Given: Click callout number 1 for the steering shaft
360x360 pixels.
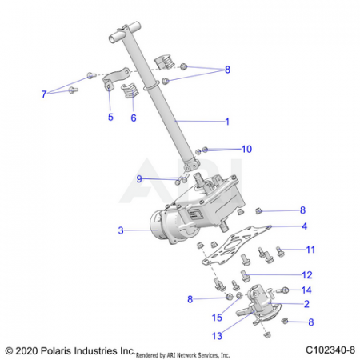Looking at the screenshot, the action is pyautogui.click(x=227, y=122).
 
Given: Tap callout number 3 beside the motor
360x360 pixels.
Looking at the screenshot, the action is pyautogui.click(x=121, y=230).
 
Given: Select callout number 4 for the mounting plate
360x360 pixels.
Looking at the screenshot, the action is pyautogui.click(x=305, y=226).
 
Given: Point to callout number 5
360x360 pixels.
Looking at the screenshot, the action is pyautogui.click(x=110, y=117).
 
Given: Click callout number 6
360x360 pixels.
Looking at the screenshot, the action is pyautogui.click(x=134, y=118).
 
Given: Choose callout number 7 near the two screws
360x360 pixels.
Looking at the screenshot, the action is pyautogui.click(x=44, y=94).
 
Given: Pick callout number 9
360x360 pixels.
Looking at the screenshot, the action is pyautogui.click(x=139, y=178).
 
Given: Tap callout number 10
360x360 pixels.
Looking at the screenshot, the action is pyautogui.click(x=246, y=149).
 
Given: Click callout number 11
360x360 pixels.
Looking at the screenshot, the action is pyautogui.click(x=310, y=250).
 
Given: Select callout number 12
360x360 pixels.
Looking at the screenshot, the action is pyautogui.click(x=307, y=275).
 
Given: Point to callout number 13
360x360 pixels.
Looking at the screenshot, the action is pyautogui.click(x=217, y=336).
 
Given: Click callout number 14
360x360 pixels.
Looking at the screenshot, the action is pyautogui.click(x=306, y=290).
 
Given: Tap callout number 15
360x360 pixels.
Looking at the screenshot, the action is pyautogui.click(x=217, y=318).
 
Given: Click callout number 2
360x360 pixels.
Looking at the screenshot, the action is pyautogui.click(x=306, y=304).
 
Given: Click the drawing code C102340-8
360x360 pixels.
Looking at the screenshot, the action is pyautogui.click(x=330, y=350).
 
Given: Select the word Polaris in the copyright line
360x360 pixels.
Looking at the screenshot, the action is pyautogui.click(x=56, y=350).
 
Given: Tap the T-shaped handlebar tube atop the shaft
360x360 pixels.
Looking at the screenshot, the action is pyautogui.click(x=125, y=32).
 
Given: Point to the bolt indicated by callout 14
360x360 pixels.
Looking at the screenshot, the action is pyautogui.click(x=282, y=290).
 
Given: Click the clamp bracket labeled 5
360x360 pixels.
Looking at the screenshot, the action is pyautogui.click(x=115, y=78).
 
